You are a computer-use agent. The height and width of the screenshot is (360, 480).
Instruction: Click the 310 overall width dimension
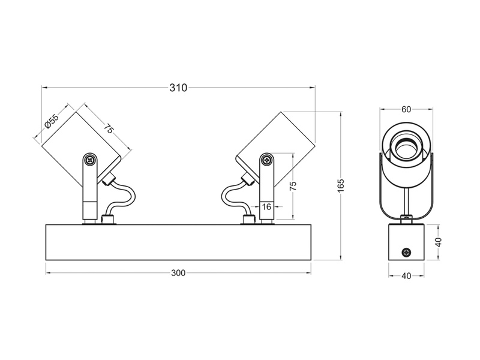coord(178,88)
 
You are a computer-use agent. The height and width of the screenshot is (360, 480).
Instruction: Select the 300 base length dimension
coord(178,273)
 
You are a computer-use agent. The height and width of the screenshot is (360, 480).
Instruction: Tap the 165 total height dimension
coord(341,186)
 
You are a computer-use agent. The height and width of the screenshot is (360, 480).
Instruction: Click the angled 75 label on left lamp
coord(108,128)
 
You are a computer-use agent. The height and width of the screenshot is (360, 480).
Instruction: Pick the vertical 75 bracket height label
coord(293,186)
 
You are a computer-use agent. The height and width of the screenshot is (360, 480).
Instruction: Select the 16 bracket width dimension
coord(266,207)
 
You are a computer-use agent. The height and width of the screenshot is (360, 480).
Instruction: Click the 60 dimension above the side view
coord(406,109)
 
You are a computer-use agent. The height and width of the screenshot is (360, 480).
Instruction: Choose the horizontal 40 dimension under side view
coord(406,276)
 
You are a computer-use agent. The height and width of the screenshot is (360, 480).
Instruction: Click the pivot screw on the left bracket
coord(90,160)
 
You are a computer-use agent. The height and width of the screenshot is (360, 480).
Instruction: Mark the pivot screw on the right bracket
coord(267,160)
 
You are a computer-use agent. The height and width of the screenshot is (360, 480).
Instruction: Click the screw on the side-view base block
coord(407,253)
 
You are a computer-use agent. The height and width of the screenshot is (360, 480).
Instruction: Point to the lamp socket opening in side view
coord(406,148)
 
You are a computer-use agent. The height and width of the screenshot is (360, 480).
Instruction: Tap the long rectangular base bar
coord(178,242)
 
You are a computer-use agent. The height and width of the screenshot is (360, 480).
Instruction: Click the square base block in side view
coord(406,242)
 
